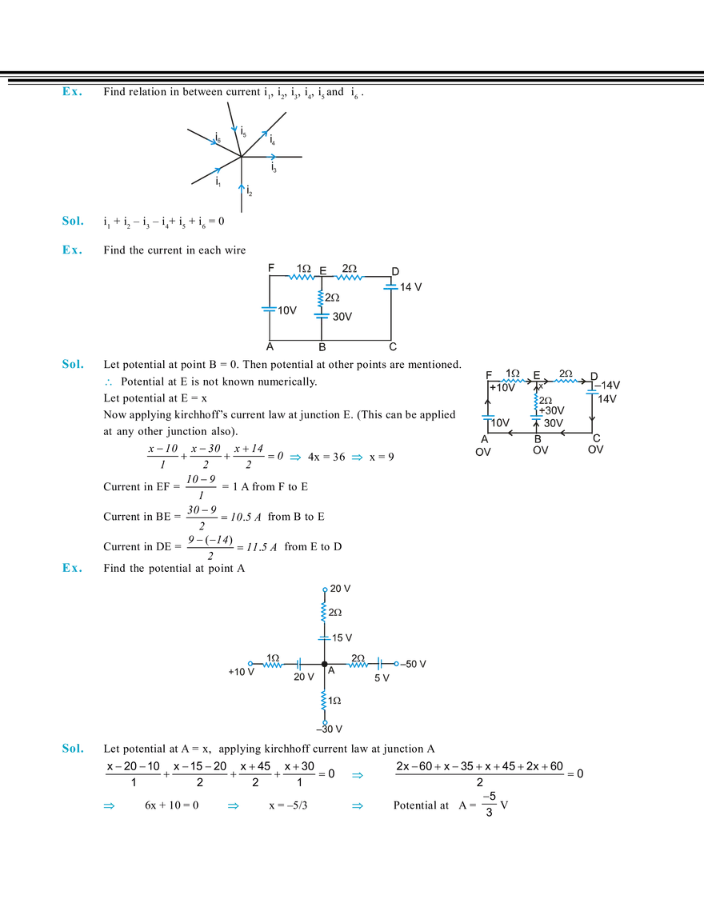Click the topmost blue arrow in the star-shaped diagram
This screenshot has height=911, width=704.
(x=233, y=127)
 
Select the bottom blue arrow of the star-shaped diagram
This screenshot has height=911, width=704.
(x=240, y=188)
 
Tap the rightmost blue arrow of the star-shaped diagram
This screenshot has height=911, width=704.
(x=272, y=152)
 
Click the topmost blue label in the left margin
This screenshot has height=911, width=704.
(x=72, y=94)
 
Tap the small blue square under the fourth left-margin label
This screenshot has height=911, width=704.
(x=109, y=384)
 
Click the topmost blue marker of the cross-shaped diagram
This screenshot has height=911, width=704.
(x=323, y=589)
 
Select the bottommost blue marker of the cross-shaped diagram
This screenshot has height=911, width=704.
(x=324, y=721)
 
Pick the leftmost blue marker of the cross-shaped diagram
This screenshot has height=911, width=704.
(x=250, y=663)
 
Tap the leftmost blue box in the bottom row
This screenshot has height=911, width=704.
(x=108, y=806)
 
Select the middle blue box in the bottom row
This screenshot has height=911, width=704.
(x=233, y=806)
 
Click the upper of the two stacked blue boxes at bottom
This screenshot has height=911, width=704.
(x=356, y=774)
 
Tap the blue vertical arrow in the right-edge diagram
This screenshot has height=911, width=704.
(x=533, y=399)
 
